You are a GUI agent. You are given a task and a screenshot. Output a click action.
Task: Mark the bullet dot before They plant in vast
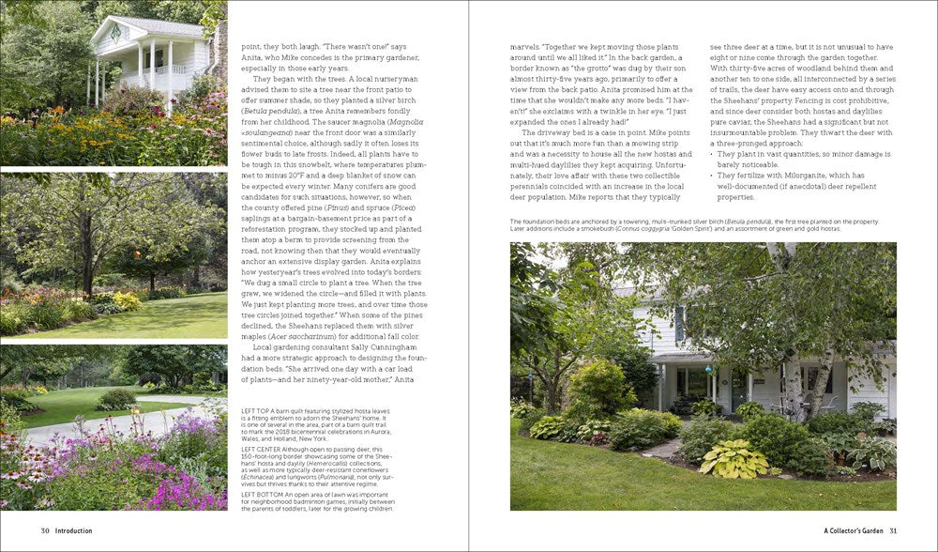[x=712, y=153]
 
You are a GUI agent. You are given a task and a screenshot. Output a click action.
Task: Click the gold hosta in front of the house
[x=734, y=457]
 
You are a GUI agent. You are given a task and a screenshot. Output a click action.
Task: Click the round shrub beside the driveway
[x=115, y=400]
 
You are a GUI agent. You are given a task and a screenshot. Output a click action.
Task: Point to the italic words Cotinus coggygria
[x=712, y=228]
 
